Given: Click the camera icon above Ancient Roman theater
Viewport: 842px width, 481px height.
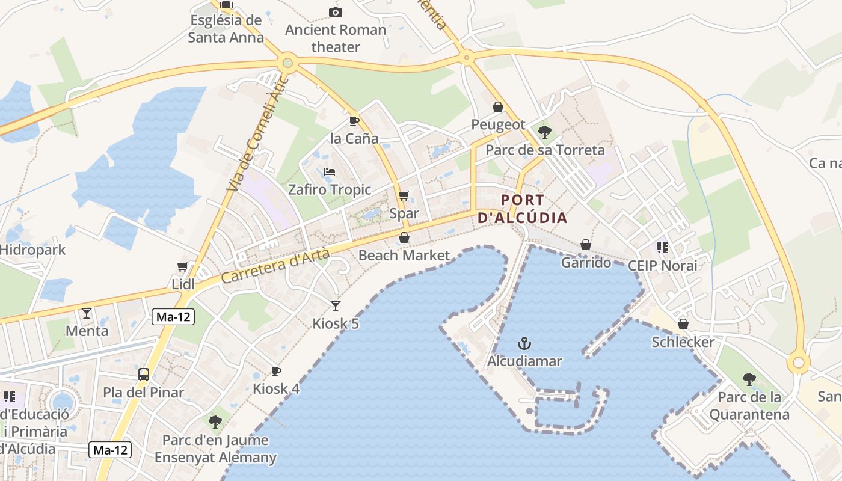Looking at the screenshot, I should click(x=336, y=12).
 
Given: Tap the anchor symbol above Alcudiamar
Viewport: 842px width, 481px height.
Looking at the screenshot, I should click(x=524, y=343).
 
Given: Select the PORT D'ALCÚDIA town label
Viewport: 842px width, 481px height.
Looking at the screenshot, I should click(x=522, y=209).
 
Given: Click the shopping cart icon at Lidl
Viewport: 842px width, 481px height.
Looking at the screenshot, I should click(x=183, y=266).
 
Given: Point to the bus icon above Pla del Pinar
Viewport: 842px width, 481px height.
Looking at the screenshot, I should click(x=143, y=375).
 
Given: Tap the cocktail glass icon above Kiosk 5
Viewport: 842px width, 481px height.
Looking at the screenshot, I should click(x=336, y=305).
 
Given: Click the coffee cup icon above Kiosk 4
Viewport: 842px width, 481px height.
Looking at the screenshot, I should click(x=275, y=371).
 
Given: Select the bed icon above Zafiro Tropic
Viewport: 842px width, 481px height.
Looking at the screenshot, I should click(x=329, y=172).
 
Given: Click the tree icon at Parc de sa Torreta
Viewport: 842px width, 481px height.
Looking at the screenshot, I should click(x=545, y=132).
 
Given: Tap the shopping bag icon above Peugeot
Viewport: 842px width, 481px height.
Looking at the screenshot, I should click(x=498, y=107).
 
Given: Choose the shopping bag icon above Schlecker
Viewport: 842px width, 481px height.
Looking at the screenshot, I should click(x=683, y=324).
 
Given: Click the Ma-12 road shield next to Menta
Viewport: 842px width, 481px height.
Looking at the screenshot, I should click(x=173, y=317).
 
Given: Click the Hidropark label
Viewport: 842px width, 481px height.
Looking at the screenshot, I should click(x=32, y=250).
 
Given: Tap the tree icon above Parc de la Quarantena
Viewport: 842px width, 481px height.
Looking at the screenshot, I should click(x=749, y=379).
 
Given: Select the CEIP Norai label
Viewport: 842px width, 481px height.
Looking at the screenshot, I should click(x=662, y=265).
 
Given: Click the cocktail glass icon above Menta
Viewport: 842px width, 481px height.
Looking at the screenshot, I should click(x=87, y=313).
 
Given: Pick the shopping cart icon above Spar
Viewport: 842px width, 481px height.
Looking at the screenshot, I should click(x=404, y=195).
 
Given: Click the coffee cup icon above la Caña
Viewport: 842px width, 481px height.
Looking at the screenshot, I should click(x=354, y=121).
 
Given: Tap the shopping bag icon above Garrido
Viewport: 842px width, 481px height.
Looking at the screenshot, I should click(x=586, y=245).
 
